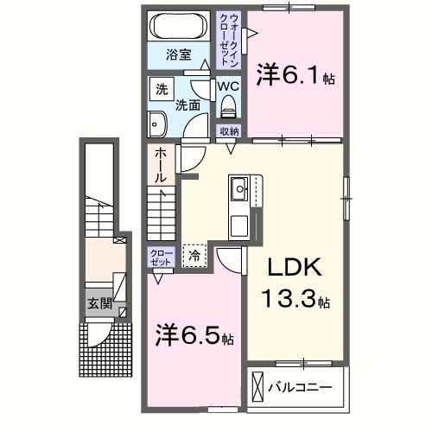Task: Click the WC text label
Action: (228, 87)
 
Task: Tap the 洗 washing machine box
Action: (161, 89)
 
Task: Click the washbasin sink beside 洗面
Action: (157, 124)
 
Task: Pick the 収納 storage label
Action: (229, 130)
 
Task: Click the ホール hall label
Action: (161, 164)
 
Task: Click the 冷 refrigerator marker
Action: (194, 256)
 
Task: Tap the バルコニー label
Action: (299, 386)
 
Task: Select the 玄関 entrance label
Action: (98, 303)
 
